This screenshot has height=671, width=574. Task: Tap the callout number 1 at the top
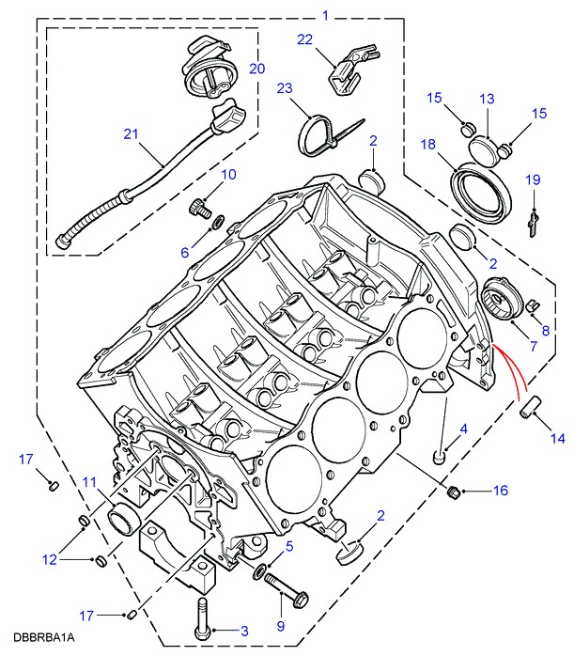(x=326, y=15)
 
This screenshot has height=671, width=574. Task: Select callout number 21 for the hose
(x=132, y=134)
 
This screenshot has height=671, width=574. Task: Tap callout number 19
(x=533, y=179)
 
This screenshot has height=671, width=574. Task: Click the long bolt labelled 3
(x=202, y=616)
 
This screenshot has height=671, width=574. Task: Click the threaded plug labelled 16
(x=453, y=491)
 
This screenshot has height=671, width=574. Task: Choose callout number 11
(x=88, y=483)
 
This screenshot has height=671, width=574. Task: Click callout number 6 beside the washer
(x=185, y=251)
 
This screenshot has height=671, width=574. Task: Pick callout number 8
(x=546, y=330)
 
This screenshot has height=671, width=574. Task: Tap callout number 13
(x=487, y=99)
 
